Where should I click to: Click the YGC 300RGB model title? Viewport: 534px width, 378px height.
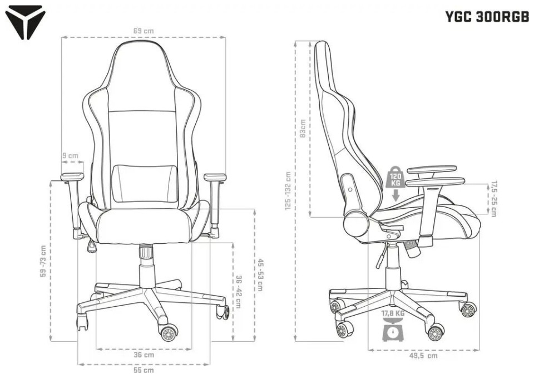pyautogui.click(x=487, y=16)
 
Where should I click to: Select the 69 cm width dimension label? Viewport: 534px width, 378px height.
pyautogui.click(x=144, y=31)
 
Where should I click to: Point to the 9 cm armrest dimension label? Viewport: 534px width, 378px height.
pyautogui.click(x=70, y=156)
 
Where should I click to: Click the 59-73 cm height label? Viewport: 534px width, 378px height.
pyautogui.click(x=43, y=261)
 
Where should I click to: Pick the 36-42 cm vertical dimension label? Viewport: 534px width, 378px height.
pyautogui.click(x=238, y=292)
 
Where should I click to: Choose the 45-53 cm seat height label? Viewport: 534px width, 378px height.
pyautogui.click(x=260, y=274)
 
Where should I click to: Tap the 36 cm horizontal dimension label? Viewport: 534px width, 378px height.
pyautogui.click(x=144, y=355)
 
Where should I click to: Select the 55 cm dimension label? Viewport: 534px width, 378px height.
pyautogui.click(x=143, y=370)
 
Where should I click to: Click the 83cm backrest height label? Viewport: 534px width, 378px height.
pyautogui.click(x=302, y=128)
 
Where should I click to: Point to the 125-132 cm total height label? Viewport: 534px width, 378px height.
pyautogui.click(x=288, y=191)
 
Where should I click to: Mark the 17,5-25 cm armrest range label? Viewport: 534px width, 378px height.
pyautogui.click(x=493, y=199)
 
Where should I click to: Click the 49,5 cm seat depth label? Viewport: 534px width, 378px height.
pyautogui.click(x=424, y=356)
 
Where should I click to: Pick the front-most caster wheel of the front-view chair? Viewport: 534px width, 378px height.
pyautogui.click(x=169, y=333)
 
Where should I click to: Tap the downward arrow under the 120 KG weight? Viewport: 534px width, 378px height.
pyautogui.click(x=395, y=195)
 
